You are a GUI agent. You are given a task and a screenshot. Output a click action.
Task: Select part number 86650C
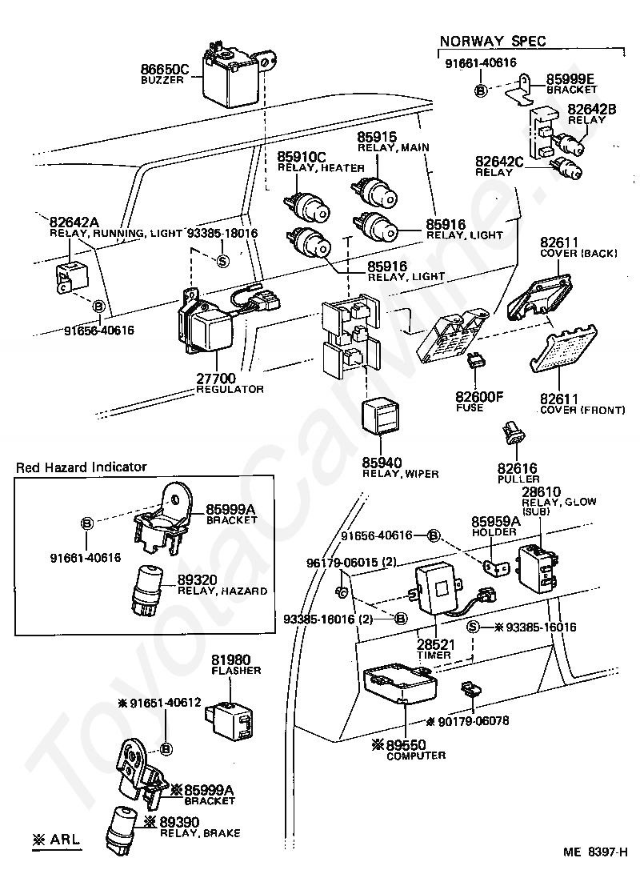pyautogui.click(x=164, y=69)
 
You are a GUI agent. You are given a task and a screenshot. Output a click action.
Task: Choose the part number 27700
pyautogui.click(x=215, y=378)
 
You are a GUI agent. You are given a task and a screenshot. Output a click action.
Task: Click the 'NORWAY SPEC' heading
pyautogui.click(x=493, y=41)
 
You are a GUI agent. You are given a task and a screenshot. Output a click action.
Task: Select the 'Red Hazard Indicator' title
pyautogui.click(x=81, y=467)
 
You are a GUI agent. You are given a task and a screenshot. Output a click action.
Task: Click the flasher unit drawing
pyautogui.click(x=230, y=718)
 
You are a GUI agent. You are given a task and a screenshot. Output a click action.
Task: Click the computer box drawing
pyautogui.click(x=401, y=683)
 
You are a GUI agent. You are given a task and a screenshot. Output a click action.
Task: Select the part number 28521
pyautogui.click(x=436, y=644)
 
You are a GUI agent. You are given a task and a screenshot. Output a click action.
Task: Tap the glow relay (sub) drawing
pyautogui.click(x=538, y=568)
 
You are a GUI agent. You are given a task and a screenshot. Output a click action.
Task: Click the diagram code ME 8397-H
pyautogui.click(x=595, y=868)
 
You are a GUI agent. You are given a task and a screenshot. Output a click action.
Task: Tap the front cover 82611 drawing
pyautogui.click(x=563, y=349)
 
